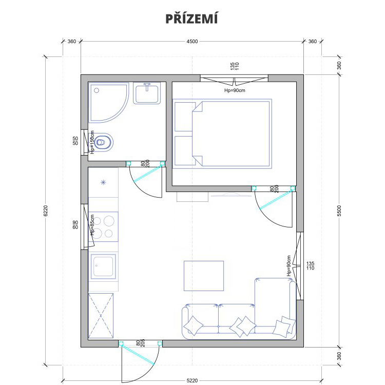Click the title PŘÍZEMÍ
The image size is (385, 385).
(x=192, y=18)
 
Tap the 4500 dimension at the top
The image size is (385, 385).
(x=192, y=42)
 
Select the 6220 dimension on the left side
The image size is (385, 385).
(x=45, y=210)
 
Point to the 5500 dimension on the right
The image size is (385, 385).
(x=339, y=210)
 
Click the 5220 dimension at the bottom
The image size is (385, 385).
(x=192, y=380)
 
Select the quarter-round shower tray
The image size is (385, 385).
(x=108, y=102)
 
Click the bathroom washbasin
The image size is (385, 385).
(x=147, y=93)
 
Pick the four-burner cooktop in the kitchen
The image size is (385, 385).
(x=103, y=226)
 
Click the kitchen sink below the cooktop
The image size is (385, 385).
(x=103, y=266)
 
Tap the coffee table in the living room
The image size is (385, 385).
(x=204, y=276)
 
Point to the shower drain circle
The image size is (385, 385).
(x=97, y=90)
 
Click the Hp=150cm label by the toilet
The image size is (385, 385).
(x=92, y=142)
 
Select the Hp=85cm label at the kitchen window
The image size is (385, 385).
(x=92, y=225)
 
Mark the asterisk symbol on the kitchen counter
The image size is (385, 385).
(x=103, y=182)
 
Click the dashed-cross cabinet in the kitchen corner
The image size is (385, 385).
(x=101, y=316)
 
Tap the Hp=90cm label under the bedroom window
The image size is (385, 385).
(x=235, y=90)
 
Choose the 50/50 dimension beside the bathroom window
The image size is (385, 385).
(x=75, y=141)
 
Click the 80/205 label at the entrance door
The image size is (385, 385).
(x=141, y=343)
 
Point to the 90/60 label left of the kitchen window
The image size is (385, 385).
(x=75, y=225)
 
